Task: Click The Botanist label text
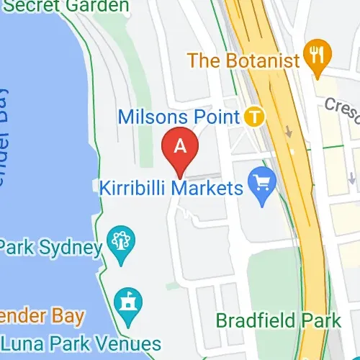[x=243, y=60]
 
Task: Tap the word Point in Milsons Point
[x=221, y=116]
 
